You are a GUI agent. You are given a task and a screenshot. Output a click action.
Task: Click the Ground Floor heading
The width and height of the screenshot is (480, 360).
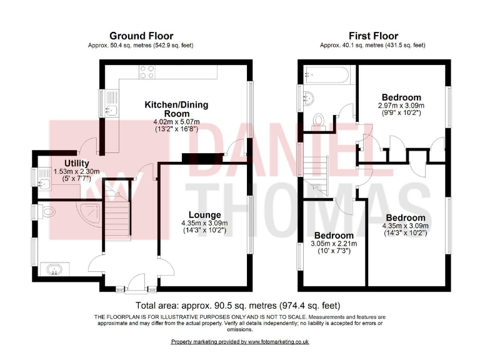pyautogui.click(x=141, y=36)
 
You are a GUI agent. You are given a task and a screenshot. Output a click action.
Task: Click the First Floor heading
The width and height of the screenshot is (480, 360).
pyautogui.click(x=372, y=36)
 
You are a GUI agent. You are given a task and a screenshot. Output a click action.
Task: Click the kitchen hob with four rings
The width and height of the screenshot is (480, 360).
pyautogui.click(x=147, y=71)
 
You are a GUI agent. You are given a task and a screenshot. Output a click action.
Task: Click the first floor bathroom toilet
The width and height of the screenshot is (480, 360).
pyautogui.click(x=318, y=119)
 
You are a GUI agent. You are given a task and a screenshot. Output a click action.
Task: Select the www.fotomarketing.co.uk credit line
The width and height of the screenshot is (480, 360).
pyautogui.click(x=240, y=342)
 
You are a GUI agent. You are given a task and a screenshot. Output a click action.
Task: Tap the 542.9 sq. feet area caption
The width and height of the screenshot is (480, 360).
pyautogui.click(x=141, y=45)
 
